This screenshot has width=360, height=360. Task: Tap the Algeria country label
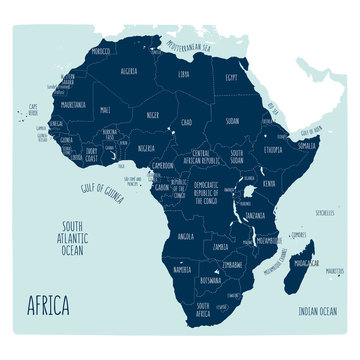tap(129, 72)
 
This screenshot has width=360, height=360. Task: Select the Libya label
tap(183, 74)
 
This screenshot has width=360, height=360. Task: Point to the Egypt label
tap(231, 77)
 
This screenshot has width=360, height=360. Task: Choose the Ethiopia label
tap(272, 149)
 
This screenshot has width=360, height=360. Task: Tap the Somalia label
tap(305, 147)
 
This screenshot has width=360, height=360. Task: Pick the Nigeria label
tap(148, 148)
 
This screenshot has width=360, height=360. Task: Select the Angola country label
tap(185, 237)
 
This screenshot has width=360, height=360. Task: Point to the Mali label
tap(106, 111)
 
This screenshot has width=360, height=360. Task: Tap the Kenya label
tap(269, 184)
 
